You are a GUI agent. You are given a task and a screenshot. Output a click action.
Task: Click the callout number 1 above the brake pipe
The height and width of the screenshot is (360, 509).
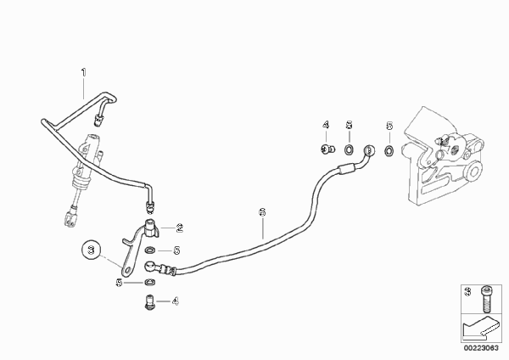[x=84, y=72]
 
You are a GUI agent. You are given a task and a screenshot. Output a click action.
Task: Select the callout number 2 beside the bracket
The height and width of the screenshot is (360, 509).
[x=180, y=228]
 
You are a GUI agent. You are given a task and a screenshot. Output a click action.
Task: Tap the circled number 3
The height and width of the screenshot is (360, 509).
[x=92, y=250]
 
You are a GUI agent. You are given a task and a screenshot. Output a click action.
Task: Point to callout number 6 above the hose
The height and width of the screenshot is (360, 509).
[x=262, y=212]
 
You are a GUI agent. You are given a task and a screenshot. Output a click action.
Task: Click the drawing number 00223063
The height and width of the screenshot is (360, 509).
[x=481, y=348]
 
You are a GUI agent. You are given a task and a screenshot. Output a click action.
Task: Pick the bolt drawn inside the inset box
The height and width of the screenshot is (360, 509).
[x=486, y=299]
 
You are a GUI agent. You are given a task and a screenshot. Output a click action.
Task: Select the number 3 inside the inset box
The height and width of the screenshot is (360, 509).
[x=467, y=291]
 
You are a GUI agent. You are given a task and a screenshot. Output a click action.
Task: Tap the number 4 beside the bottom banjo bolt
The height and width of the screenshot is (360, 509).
[x=176, y=301]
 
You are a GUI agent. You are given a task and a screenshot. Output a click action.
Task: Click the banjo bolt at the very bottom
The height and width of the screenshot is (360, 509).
[x=148, y=302]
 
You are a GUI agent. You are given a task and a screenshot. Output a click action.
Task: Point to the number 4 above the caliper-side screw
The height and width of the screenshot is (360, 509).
[x=326, y=125]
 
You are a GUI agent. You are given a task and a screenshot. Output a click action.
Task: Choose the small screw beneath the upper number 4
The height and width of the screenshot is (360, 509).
[x=326, y=149]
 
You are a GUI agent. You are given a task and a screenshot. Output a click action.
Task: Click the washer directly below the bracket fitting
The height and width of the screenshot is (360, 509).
[x=149, y=250]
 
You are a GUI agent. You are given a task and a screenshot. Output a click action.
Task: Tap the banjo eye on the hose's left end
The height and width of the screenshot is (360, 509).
[x=150, y=266]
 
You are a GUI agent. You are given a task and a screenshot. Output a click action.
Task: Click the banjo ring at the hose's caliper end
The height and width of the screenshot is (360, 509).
[x=369, y=150]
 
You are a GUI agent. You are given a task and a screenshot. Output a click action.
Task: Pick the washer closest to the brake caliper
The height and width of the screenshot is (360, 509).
[x=389, y=150]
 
